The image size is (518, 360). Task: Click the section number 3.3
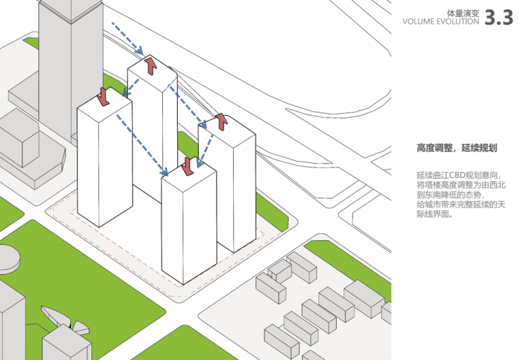point(498,18)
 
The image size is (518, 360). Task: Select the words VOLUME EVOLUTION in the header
point(440,22)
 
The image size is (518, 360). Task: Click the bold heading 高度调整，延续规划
point(456,148)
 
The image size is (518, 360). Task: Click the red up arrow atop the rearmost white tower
point(151,65)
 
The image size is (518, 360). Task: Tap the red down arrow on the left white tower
point(104,96)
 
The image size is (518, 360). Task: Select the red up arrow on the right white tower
point(221,122)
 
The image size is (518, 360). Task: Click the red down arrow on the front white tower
point(187,166)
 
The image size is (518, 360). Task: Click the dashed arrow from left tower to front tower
point(143,143)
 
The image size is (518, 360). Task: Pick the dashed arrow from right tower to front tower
point(206,146)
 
